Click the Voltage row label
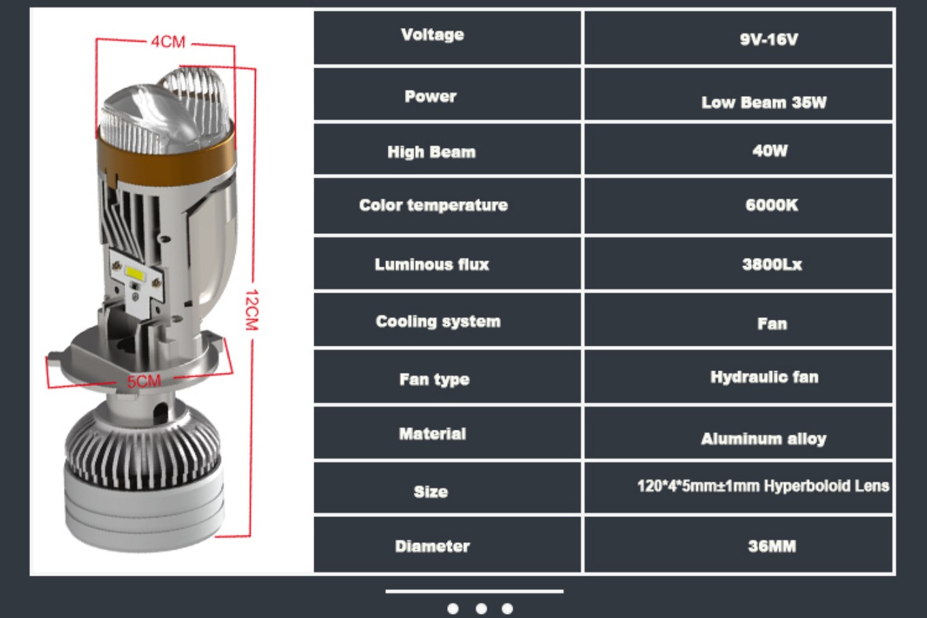[x=432, y=35]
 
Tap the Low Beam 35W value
[x=764, y=102]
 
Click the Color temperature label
[x=434, y=205]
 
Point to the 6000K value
[x=772, y=205]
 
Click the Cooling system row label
[x=438, y=321]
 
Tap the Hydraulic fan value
[x=764, y=377]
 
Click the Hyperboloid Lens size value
[x=763, y=486]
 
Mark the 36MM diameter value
[x=772, y=546]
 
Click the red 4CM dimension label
[x=168, y=42]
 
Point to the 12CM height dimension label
[x=252, y=310]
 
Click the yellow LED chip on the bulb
[x=136, y=273]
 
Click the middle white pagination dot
[x=481, y=608]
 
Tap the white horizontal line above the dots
[x=474, y=591]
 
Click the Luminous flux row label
[x=431, y=264]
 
